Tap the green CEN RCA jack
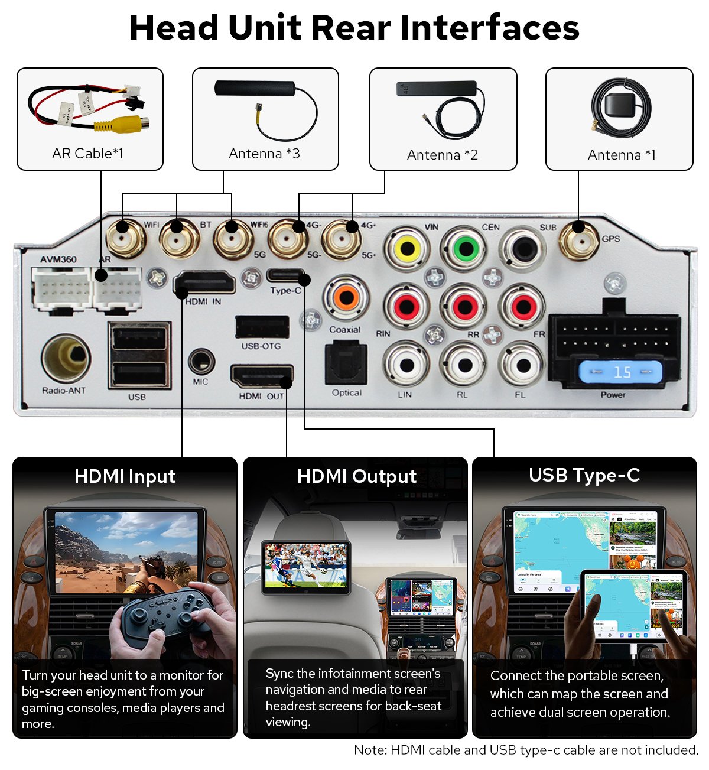466,248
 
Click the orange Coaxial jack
347,297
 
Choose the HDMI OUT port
261,376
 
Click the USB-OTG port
262,327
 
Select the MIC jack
201,361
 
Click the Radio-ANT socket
66,358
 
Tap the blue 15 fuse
620,372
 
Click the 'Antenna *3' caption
264,154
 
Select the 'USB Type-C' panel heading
584,475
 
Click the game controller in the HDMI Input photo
162,618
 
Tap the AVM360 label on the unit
58,259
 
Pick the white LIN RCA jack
406,365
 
